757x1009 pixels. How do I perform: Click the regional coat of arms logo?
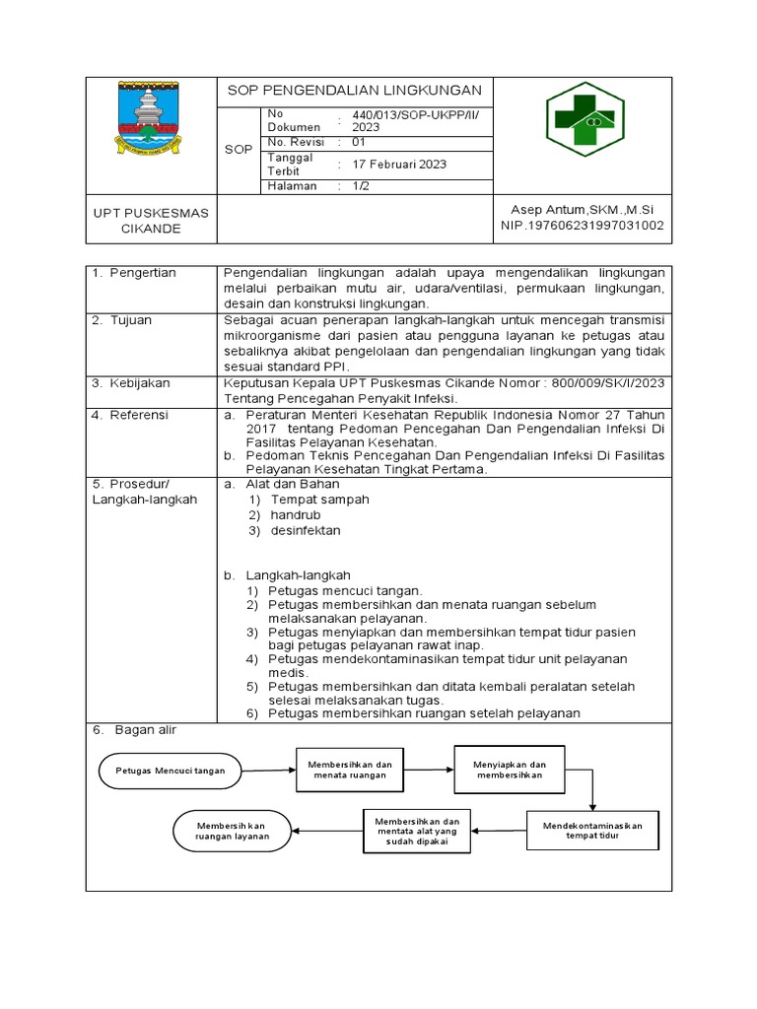(x=150, y=119)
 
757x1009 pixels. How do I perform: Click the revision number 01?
(x=359, y=143)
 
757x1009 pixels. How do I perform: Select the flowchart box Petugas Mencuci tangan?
(x=170, y=771)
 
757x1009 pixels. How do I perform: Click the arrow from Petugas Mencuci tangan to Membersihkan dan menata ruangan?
(x=268, y=770)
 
